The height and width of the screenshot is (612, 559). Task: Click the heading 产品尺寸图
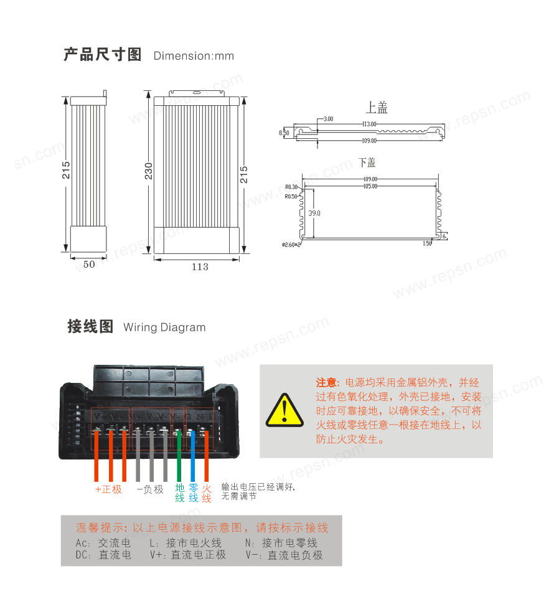(103, 55)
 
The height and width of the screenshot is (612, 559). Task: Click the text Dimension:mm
(194, 56)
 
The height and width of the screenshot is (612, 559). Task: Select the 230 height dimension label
(149, 171)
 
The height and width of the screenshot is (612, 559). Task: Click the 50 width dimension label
(89, 264)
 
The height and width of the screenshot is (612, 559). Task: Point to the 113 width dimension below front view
(199, 266)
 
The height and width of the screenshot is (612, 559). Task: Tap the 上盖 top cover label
(377, 108)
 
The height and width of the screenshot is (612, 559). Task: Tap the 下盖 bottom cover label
(367, 162)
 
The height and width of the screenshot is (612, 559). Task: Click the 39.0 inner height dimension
(314, 213)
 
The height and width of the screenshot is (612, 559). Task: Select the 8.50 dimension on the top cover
(284, 133)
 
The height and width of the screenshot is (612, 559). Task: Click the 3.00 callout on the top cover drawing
(329, 118)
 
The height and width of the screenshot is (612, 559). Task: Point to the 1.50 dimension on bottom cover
(427, 243)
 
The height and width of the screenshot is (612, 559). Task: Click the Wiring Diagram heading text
(164, 327)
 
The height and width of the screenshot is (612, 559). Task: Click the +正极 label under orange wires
(108, 489)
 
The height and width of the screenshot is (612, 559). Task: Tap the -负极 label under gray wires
(150, 489)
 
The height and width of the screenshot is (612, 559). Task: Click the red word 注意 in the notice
(326, 382)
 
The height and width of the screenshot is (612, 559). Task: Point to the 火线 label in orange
(207, 493)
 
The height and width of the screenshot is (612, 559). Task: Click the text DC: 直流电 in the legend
(103, 555)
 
